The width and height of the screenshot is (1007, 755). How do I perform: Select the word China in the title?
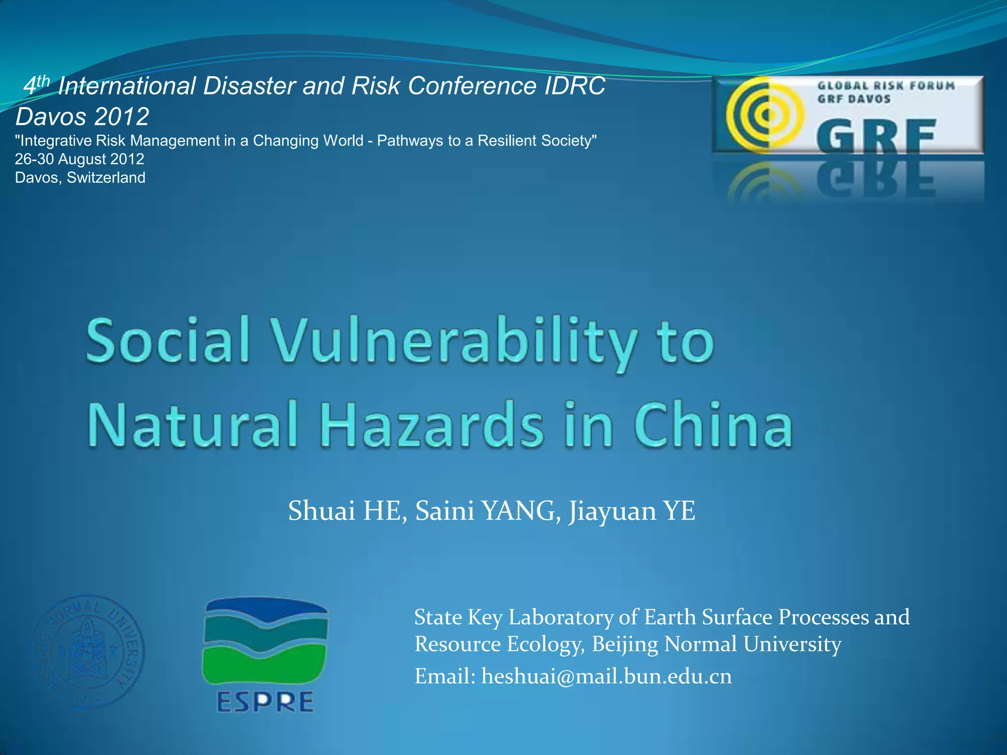pos(713,424)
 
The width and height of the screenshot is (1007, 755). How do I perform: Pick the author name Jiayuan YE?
pos(632,511)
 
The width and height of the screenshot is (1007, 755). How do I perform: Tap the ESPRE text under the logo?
pos(265,701)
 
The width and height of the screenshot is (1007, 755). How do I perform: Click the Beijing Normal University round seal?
pos(89,651)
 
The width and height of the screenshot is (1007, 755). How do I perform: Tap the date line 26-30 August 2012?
pos(80,159)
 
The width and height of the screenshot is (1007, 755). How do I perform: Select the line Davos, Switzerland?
pos(80,177)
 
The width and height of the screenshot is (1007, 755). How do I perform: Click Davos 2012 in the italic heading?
pos(82,117)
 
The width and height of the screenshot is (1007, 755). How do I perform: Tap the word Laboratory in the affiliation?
pos(561,617)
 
